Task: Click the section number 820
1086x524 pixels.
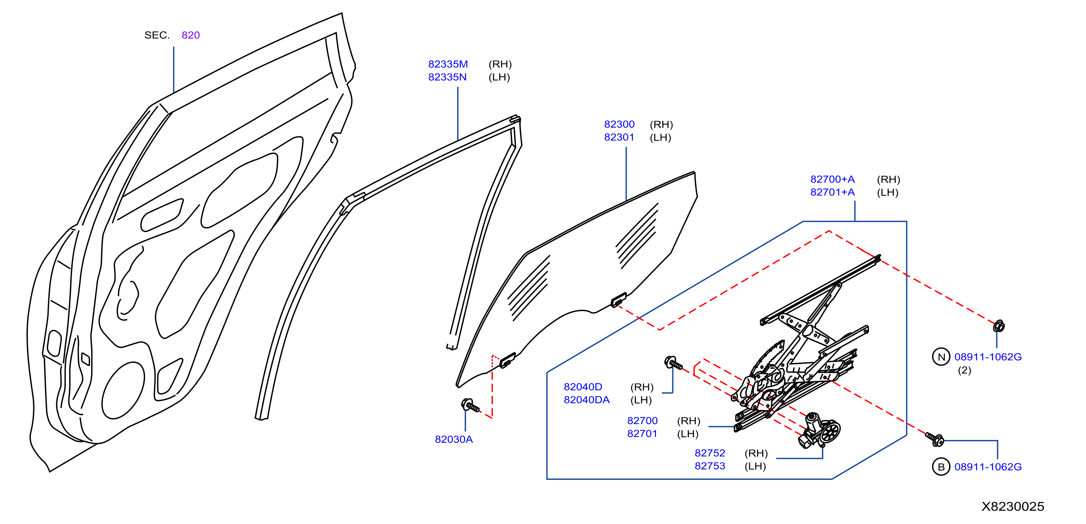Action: tap(191, 35)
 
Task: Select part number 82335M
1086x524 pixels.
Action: tap(448, 64)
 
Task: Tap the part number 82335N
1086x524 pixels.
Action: tap(447, 77)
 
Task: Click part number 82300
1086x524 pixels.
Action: tap(619, 124)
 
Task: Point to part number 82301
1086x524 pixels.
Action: tap(619, 137)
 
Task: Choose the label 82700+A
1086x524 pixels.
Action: tap(832, 179)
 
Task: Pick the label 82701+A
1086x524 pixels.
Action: tap(832, 192)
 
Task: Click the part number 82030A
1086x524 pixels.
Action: tap(454, 439)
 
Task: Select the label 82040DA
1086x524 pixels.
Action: tap(586, 400)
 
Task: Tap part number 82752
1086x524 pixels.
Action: tap(710, 453)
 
